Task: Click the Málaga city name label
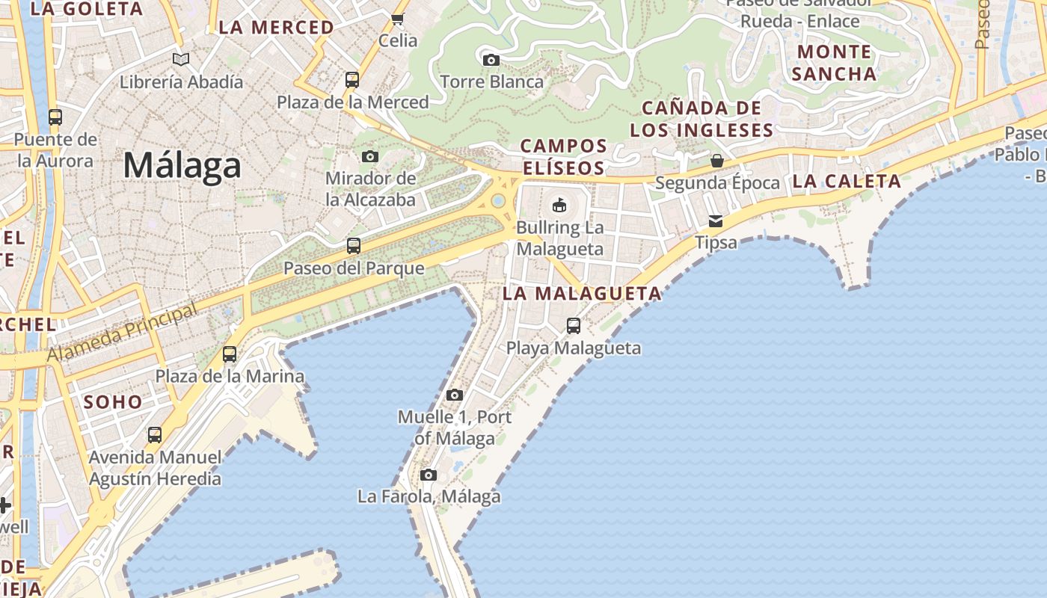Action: tap(182, 165)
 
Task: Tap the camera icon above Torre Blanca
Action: tap(491, 60)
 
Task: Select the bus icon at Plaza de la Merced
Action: tap(352, 80)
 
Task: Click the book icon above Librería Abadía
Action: tap(181, 59)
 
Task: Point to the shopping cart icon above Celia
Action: tap(398, 19)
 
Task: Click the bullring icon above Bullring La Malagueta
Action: tap(559, 205)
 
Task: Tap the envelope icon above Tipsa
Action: tap(716, 221)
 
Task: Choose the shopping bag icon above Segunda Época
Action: tap(716, 161)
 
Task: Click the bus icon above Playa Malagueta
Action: tap(574, 326)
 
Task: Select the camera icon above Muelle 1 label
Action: tap(455, 395)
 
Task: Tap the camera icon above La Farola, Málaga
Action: tap(429, 475)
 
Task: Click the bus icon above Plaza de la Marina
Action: tap(230, 354)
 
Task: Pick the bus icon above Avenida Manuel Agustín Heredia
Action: tap(155, 435)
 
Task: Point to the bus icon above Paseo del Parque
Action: tap(354, 246)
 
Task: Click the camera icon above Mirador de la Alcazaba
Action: tap(370, 156)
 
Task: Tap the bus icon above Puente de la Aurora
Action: tap(55, 117)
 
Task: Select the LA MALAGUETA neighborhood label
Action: tap(582, 294)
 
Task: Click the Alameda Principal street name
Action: tap(123, 332)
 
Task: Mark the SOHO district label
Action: tap(113, 402)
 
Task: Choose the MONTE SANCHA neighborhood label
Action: tap(834, 63)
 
